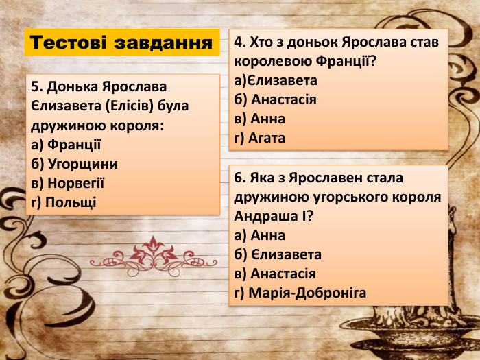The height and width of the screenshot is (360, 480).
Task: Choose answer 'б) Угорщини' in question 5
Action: click(74, 164)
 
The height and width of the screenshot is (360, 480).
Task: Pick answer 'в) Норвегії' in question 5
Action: click(68, 183)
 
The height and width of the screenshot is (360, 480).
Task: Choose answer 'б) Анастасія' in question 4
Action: click(275, 99)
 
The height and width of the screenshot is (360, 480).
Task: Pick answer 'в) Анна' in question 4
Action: click(259, 119)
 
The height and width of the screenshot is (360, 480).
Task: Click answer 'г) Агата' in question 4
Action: click(259, 138)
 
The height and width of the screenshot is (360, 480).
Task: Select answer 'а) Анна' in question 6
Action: click(259, 235)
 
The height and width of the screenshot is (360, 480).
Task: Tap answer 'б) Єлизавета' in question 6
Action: click(278, 254)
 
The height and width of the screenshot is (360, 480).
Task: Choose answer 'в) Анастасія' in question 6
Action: click(275, 274)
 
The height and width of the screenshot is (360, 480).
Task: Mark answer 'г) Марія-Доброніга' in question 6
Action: click(300, 293)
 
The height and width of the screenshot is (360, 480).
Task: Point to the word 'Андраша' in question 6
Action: click(266, 216)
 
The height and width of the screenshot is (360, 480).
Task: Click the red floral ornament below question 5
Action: click(154, 253)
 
